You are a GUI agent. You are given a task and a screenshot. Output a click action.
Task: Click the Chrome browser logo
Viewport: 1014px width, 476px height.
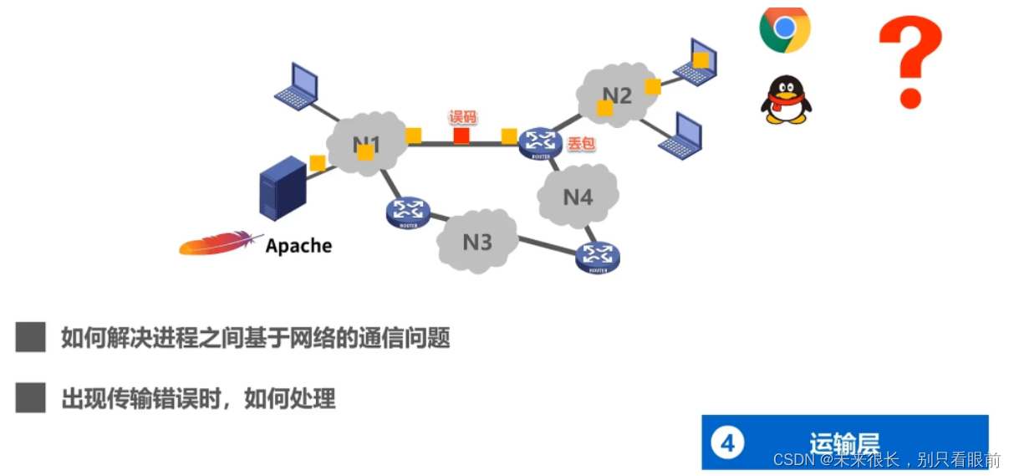coord(784,29)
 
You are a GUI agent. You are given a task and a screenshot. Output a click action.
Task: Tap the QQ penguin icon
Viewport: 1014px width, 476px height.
coord(786,100)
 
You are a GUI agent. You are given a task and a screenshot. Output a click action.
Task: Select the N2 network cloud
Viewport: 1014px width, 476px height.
coord(616,95)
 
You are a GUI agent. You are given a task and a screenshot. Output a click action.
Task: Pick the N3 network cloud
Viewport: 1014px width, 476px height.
coord(476,242)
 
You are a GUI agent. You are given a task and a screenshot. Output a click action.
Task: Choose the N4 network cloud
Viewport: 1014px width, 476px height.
coord(578,197)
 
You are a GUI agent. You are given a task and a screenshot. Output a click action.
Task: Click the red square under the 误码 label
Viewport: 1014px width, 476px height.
coord(461,136)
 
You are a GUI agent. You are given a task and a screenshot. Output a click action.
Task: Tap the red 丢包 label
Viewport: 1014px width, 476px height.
coord(581,144)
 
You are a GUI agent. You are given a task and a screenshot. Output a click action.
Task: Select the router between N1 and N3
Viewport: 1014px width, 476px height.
coord(409,212)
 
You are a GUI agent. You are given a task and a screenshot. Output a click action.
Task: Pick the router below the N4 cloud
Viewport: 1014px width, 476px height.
coord(598,257)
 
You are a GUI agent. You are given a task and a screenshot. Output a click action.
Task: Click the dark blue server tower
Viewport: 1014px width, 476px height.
coord(282,189)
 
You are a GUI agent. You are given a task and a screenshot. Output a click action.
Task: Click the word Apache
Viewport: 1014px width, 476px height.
coord(298,246)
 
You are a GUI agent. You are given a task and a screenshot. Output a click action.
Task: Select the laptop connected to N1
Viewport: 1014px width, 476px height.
coord(297,86)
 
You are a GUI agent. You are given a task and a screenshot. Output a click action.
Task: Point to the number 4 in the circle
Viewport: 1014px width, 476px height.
coord(727,442)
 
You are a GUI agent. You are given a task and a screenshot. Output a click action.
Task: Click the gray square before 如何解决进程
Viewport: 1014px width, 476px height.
coord(31,338)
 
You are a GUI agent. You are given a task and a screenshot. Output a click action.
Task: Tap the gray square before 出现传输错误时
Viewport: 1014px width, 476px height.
coord(31,397)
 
